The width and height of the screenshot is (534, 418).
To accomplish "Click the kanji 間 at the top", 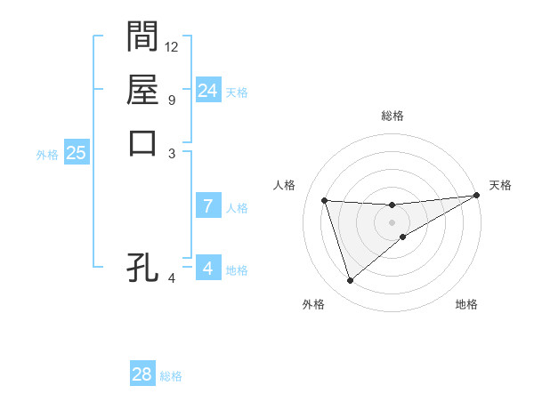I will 142,36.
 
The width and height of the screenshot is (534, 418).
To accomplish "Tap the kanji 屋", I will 142,90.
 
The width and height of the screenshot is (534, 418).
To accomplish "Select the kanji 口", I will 142,142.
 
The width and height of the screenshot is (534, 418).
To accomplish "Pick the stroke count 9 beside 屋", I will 171,100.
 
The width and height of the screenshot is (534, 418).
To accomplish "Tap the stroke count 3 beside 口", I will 171,153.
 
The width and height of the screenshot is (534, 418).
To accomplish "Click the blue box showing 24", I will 207,91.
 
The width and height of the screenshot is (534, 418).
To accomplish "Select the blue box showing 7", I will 207,206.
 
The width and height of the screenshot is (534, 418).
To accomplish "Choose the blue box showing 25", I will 76,153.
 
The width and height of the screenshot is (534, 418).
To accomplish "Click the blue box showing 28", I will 142,374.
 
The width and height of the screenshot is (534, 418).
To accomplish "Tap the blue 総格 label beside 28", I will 171,376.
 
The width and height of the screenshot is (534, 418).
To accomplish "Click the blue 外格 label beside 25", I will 47,155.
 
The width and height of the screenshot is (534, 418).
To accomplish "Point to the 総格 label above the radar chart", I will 392,117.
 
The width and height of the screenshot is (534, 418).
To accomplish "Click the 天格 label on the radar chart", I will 500,185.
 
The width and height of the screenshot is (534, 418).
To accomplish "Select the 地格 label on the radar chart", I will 466,304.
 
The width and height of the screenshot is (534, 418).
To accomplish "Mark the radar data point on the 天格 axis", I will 476,196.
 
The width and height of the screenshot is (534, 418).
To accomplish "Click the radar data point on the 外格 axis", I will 350,281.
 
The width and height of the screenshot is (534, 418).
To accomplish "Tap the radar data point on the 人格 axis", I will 325,200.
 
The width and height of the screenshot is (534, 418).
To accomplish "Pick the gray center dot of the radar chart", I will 392,222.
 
